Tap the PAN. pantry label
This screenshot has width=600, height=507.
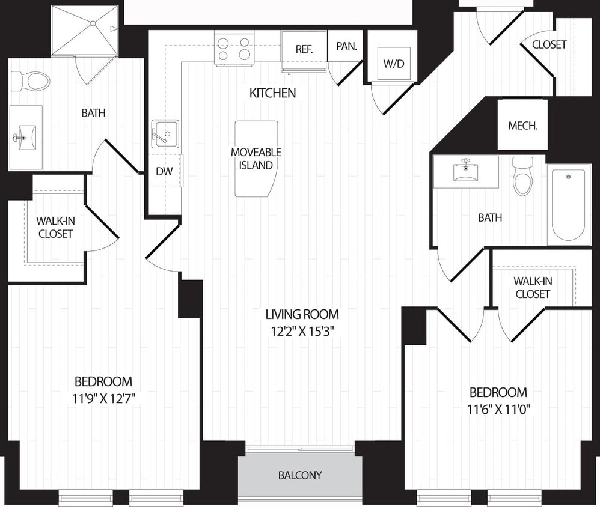point(347,46)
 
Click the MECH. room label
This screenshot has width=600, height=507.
point(522,126)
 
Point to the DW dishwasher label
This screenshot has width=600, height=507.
point(164,171)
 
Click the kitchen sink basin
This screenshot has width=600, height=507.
point(165,133)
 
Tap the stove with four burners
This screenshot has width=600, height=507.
point(234,49)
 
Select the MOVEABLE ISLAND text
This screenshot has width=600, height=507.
point(256,159)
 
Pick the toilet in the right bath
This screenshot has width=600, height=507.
point(522,177)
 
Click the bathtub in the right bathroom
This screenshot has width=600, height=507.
point(568,204)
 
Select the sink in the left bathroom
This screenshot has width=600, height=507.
point(26,137)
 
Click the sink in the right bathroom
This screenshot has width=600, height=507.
point(465,171)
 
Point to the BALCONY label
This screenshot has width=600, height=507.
point(300,475)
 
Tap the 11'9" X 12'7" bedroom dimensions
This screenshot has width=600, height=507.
point(103,396)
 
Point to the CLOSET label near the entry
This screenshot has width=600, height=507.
point(549,44)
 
